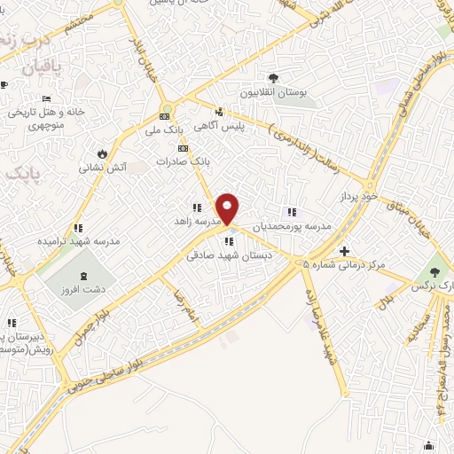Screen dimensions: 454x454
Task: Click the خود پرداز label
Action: tap(359, 193)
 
